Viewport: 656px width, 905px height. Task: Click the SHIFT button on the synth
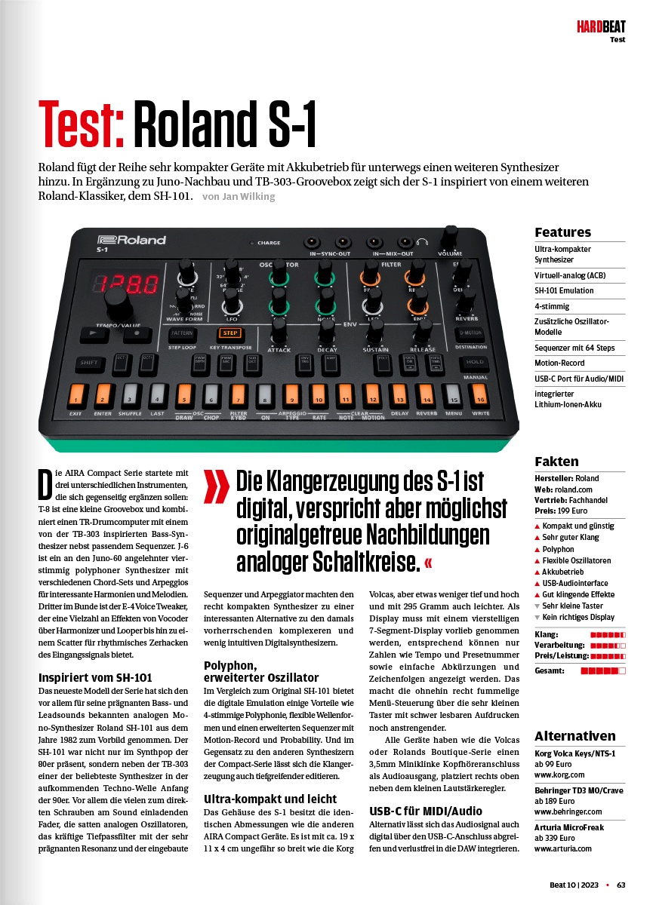(x=90, y=363)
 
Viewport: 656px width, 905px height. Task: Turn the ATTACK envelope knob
(x=279, y=330)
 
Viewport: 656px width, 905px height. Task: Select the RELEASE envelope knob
(x=423, y=330)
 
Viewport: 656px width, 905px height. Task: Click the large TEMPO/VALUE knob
(x=118, y=305)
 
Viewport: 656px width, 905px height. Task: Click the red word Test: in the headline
(x=82, y=124)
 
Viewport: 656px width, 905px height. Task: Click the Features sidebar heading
(x=562, y=232)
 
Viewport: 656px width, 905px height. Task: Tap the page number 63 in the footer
(x=621, y=885)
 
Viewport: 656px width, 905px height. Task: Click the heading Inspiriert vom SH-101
(x=95, y=677)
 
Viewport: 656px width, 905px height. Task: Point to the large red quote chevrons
(x=217, y=486)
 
